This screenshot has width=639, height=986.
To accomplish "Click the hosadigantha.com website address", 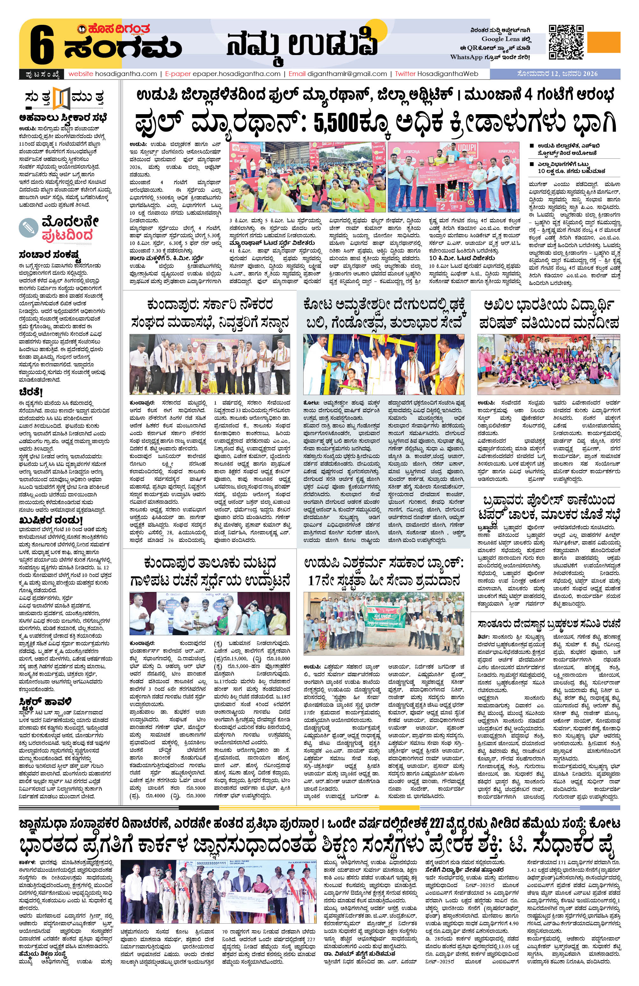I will pos(112,74).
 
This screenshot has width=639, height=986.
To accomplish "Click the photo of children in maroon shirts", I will pos(549,364).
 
